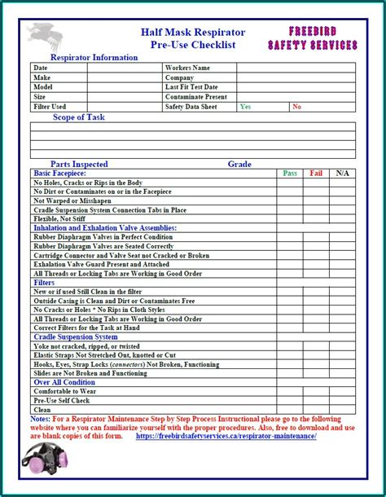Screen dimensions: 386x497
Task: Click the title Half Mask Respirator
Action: pos(193,32)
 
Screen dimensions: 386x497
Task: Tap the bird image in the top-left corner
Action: pos(43,37)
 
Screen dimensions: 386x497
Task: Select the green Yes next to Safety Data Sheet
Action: pos(245,107)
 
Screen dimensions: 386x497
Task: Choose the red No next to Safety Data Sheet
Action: pos(296,107)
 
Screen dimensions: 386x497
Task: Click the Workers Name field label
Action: pos(187,68)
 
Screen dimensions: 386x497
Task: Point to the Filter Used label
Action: pos(50,107)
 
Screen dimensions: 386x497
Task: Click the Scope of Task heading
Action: pos(79,117)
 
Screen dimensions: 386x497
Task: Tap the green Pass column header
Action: pos(290,173)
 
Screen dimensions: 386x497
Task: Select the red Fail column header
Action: pos(316,173)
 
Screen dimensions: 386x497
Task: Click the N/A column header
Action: pos(342,173)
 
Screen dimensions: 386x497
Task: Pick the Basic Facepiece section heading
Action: pos(59,173)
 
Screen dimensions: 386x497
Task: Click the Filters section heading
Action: pos(45,282)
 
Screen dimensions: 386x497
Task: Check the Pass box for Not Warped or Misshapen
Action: pos(290,200)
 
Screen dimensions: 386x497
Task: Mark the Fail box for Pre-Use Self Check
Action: pos(316,401)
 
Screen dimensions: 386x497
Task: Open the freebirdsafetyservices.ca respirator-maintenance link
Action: pos(226,436)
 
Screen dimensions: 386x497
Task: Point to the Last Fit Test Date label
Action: pos(191,87)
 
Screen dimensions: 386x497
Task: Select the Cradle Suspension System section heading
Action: pos(75,336)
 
